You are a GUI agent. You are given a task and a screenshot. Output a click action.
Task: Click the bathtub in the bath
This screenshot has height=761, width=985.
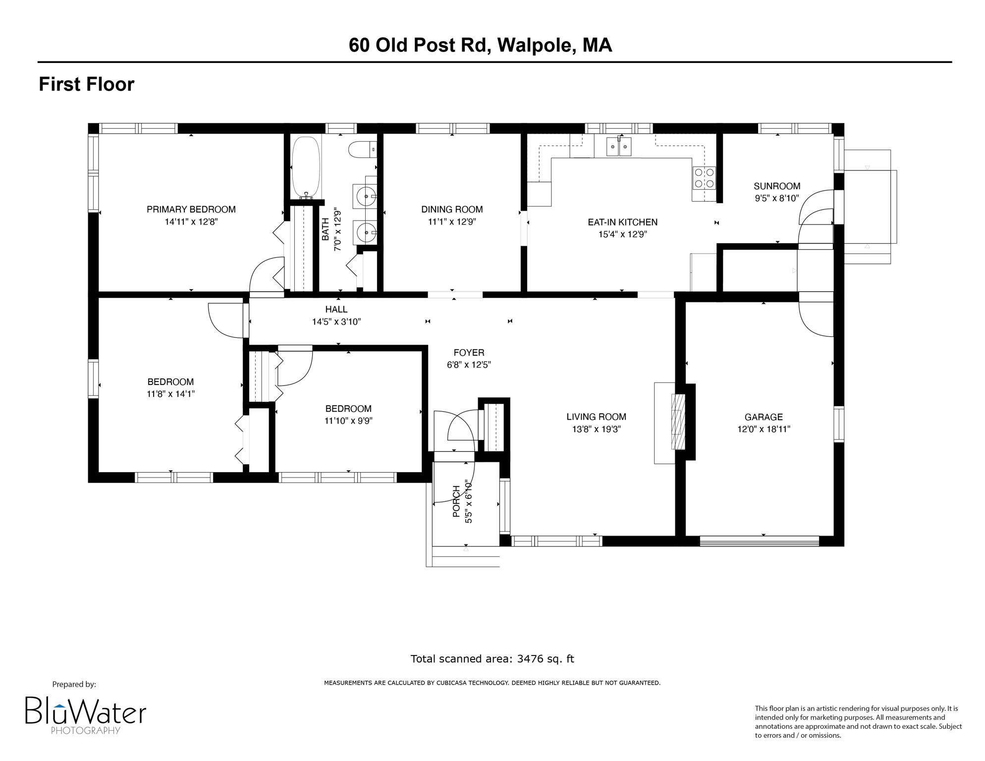[x=306, y=167]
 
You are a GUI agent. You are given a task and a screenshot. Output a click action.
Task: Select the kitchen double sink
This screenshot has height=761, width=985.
[x=619, y=146]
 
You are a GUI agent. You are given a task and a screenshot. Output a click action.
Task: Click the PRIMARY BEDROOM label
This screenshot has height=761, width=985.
[x=191, y=210]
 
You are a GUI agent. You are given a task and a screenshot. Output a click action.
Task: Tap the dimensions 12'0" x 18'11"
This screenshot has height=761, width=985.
[x=764, y=429]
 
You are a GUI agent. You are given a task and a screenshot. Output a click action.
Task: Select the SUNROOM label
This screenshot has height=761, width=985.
[x=777, y=186]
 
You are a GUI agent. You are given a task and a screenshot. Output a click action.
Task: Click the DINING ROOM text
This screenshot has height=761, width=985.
[x=452, y=210]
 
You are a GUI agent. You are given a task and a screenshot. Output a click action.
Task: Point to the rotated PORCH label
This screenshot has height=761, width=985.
[x=456, y=501]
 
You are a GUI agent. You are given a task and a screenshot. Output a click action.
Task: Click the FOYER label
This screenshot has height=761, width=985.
[x=469, y=353]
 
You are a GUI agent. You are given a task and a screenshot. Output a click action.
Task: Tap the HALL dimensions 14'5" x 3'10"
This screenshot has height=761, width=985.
[x=336, y=322]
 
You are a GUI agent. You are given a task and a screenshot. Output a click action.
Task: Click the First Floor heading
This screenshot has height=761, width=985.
[x=87, y=84]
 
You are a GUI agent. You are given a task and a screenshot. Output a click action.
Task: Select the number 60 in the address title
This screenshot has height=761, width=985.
[x=359, y=45]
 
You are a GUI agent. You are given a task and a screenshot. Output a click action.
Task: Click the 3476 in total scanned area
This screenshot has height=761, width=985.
[x=530, y=659]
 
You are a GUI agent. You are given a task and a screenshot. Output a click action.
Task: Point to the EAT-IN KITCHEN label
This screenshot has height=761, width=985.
[x=622, y=222]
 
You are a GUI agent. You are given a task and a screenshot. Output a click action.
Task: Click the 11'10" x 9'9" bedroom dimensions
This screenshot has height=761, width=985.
[x=348, y=421]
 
